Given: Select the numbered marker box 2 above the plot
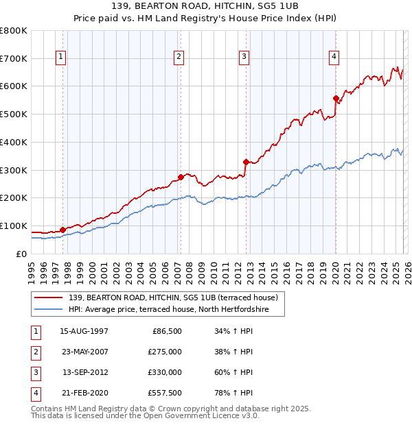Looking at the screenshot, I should [x=179, y=57].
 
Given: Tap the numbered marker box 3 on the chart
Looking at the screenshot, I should [x=244, y=57].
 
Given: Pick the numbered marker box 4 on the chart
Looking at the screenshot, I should [x=334, y=57].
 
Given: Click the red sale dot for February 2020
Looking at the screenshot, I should [x=336, y=98].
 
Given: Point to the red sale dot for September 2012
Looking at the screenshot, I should [x=246, y=162].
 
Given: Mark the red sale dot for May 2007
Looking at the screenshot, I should [x=181, y=177].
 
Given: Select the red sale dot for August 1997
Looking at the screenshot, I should [x=62, y=230].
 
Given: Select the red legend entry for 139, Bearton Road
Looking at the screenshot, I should [x=172, y=297].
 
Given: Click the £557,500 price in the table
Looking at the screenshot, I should [x=164, y=393].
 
